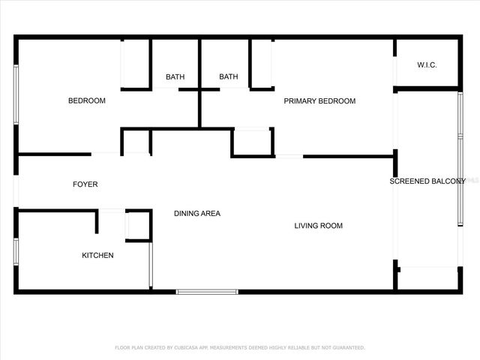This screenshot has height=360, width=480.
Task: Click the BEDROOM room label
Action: tap(87, 100)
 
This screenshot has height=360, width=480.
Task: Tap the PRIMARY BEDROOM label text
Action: tap(319, 100)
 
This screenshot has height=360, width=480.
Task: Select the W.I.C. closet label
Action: tap(427, 65)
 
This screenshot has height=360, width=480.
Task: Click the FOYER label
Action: tap(85, 184)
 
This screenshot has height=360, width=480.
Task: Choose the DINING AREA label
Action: tap(197, 214)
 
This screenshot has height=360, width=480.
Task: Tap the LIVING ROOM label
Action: tap(318, 225)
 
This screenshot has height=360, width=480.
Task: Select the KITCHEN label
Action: tap(97, 256)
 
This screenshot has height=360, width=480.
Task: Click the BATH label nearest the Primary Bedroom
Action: tap(229, 76)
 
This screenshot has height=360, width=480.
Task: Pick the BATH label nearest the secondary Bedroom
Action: tap(175, 76)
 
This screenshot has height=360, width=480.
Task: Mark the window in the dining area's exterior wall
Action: tap(207, 292)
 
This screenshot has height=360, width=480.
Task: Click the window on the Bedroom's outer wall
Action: tap(15, 95)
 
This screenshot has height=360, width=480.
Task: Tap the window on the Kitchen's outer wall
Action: tap(15, 251)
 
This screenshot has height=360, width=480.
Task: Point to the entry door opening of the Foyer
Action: tap(15, 193)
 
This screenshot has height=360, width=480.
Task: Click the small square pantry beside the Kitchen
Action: tap(138, 226)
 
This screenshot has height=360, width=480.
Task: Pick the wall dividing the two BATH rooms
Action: tap(199, 82)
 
